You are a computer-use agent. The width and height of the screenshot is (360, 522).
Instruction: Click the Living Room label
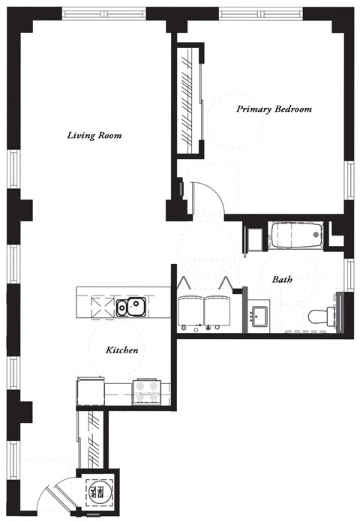click(94, 136)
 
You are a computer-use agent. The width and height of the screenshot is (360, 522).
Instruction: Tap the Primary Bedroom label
click(274, 109)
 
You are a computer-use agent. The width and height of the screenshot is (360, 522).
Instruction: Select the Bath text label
click(282, 279)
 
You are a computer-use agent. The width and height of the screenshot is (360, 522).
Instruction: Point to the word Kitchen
click(121, 350)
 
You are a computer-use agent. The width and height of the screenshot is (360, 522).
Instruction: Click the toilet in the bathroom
click(322, 315)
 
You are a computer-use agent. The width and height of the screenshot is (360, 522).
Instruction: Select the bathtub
click(295, 237)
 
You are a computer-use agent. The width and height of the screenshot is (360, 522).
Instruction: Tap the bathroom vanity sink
click(260, 315)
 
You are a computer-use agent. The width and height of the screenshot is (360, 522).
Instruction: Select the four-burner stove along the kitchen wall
click(145, 390)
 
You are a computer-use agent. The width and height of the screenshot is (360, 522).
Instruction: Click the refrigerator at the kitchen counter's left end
click(90, 391)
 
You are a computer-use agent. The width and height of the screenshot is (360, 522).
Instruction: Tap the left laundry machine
click(191, 311)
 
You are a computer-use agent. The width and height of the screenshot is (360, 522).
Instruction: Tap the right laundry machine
click(218, 311)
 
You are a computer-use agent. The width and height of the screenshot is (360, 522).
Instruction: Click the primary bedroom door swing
click(205, 196)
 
